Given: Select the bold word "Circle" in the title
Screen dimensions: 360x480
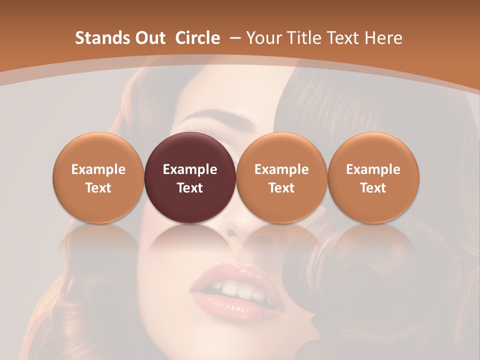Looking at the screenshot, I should coord(197,38).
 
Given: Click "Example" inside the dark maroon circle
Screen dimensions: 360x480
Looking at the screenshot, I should coord(190,169).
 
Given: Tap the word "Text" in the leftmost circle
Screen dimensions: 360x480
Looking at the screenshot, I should coord(98,188).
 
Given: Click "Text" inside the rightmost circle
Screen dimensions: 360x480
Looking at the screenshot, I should coord(373,188).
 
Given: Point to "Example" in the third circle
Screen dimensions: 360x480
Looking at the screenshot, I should coord(281,169).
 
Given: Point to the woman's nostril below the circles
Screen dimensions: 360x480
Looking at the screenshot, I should coord(232,233).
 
